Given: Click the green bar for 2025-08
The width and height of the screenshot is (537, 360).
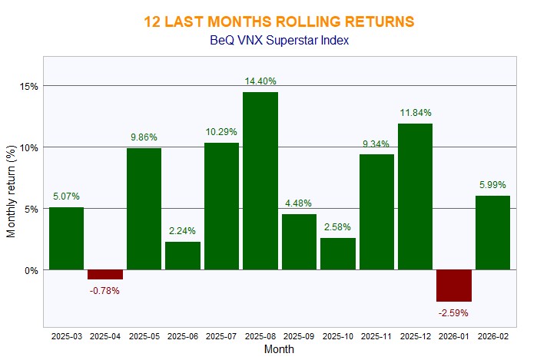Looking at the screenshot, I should pos(260,181).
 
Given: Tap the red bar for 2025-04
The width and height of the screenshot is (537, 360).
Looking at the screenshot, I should pos(104,274).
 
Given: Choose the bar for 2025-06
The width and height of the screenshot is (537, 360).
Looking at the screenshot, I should pos(183,256).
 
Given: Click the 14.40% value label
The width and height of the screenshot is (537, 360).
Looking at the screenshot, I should pos(260,81).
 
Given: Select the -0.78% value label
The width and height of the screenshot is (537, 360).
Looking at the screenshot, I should pos(104,290).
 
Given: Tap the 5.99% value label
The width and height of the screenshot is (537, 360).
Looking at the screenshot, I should pos(494,184).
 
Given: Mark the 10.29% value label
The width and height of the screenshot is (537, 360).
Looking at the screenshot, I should pos(221,131).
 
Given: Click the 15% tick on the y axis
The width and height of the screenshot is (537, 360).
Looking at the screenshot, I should pos(30,86).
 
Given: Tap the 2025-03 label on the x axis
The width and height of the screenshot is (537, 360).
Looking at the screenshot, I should pos(66,336).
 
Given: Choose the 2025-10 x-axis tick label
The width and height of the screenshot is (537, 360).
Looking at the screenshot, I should pos(338,336).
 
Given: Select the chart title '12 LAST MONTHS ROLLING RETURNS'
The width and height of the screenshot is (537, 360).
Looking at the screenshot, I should pos(279,21).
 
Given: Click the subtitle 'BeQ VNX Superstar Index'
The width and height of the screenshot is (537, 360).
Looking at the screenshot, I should pos(279,40).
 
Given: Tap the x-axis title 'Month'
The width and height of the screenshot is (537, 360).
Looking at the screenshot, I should pos(279,349).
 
